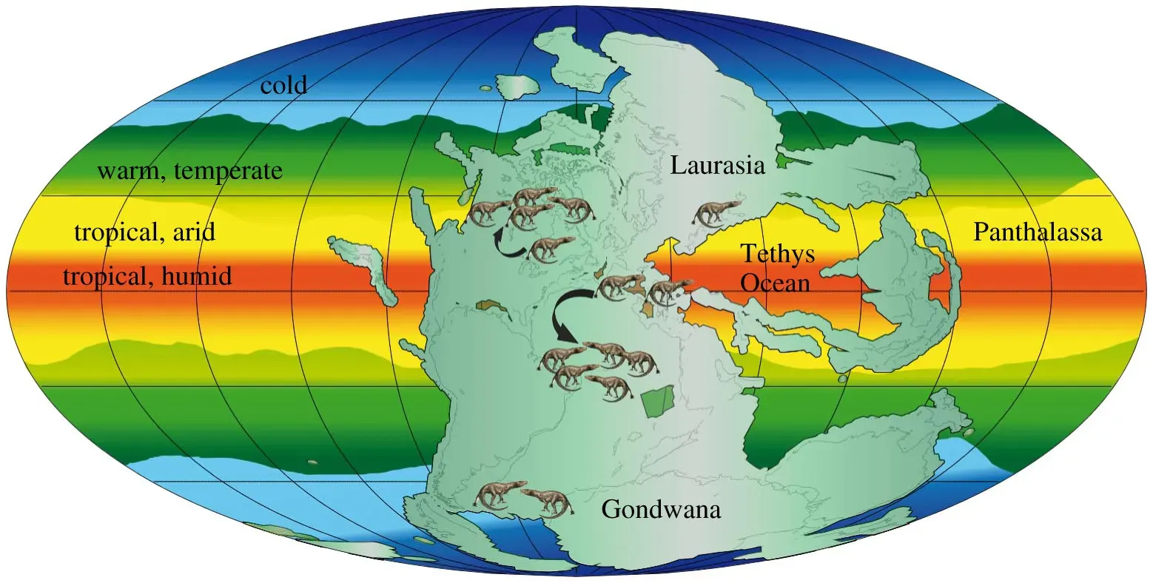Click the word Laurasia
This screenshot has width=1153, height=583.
coord(716,166)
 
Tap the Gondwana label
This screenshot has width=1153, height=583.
coord(661,510)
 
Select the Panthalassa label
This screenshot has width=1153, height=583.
coord(1038,232)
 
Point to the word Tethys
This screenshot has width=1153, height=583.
coord(778,255)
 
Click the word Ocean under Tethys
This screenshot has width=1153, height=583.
coord(776,283)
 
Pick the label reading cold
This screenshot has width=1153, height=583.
coord(283,86)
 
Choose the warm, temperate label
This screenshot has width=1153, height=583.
coord(190,172)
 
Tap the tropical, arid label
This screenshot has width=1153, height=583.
coord(145,232)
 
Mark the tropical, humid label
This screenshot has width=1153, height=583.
coord(147,277)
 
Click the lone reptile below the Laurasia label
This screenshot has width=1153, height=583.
coord(717,212)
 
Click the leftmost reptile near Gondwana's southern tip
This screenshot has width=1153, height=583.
coord(494,496)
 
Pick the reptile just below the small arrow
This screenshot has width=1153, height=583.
coord(551,248)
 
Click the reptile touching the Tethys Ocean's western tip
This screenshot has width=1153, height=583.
coord(667,291)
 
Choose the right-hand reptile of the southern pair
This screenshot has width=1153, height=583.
coord(548,501)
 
